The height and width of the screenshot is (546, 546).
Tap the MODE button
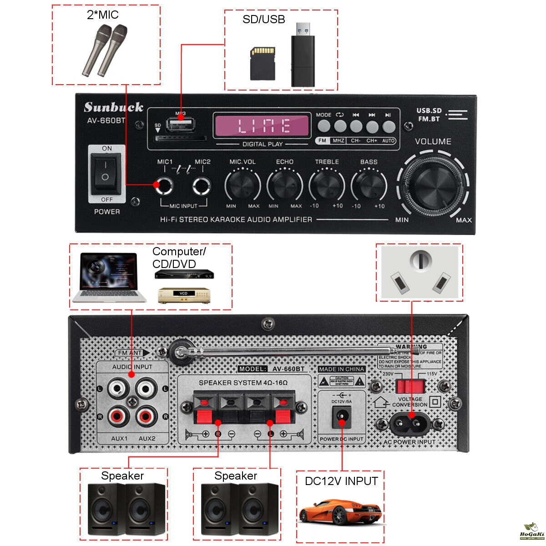324,126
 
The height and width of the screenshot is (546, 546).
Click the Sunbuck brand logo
113,107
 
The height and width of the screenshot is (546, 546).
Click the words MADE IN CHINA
342,369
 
